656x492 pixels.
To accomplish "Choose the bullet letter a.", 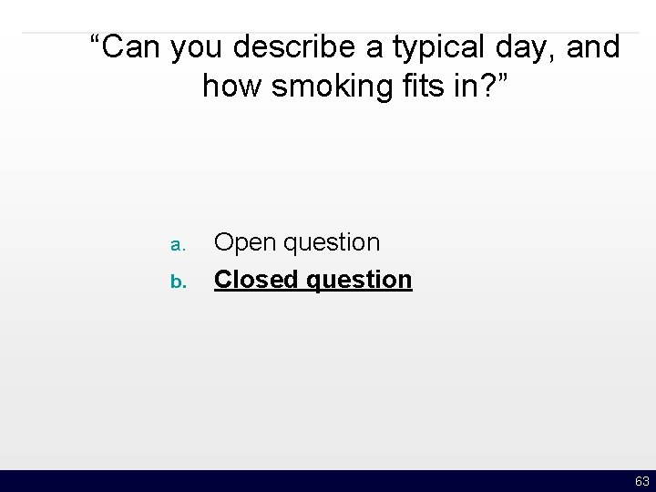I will coord(178,245).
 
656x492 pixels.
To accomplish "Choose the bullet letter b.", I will coord(178,281).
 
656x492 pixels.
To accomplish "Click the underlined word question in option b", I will coord(360,280).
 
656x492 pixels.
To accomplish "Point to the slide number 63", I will coord(641,481).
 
